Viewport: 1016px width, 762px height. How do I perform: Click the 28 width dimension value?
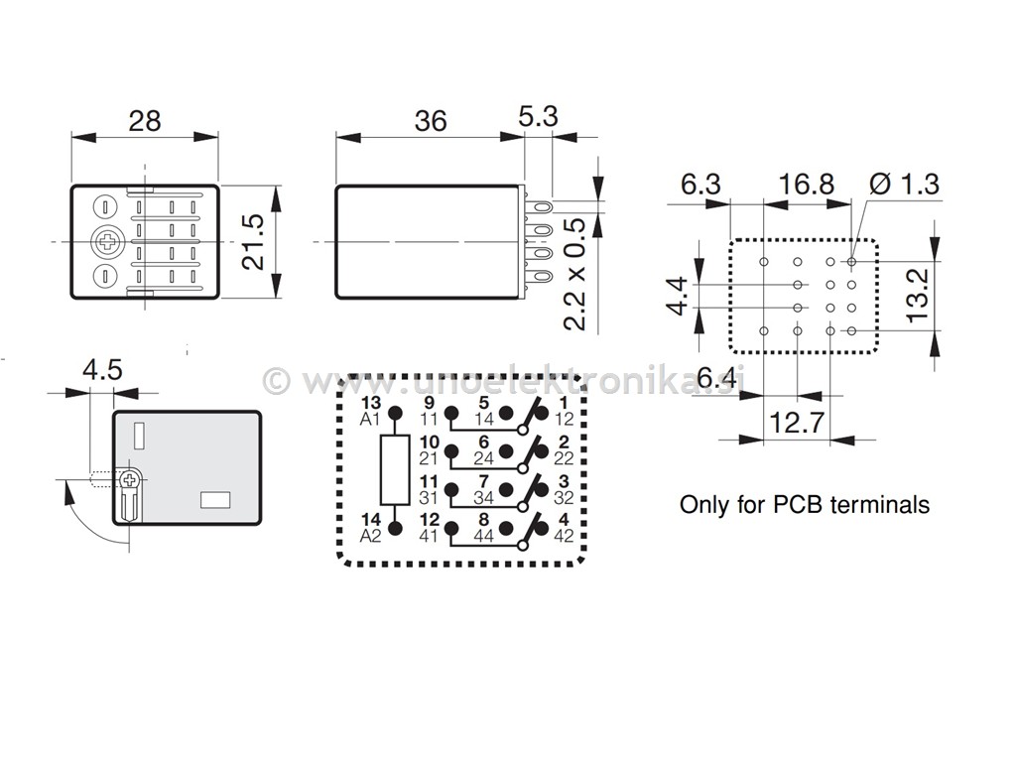point(145,120)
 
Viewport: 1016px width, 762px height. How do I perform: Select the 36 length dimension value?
point(431,120)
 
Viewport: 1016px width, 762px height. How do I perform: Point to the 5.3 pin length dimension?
point(539,116)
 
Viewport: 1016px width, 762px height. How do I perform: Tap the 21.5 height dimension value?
point(255,241)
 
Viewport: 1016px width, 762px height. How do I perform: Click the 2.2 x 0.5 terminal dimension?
point(573,274)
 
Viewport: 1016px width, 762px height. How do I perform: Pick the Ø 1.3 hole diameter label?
point(903,184)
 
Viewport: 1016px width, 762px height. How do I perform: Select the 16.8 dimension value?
point(807,184)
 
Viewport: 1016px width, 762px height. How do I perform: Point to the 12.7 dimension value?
point(797,424)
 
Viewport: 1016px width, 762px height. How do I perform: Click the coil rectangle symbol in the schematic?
point(394,469)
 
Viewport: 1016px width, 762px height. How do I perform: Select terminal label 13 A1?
point(370,411)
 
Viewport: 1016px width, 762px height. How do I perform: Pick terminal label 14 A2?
point(370,527)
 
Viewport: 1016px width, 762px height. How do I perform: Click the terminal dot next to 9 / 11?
point(451,412)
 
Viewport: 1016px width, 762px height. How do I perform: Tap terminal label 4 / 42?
point(565,527)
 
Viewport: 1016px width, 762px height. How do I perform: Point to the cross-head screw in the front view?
point(105,241)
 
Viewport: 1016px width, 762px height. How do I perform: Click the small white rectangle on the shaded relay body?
point(215,500)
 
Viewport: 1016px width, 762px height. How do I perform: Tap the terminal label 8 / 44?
point(484,527)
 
